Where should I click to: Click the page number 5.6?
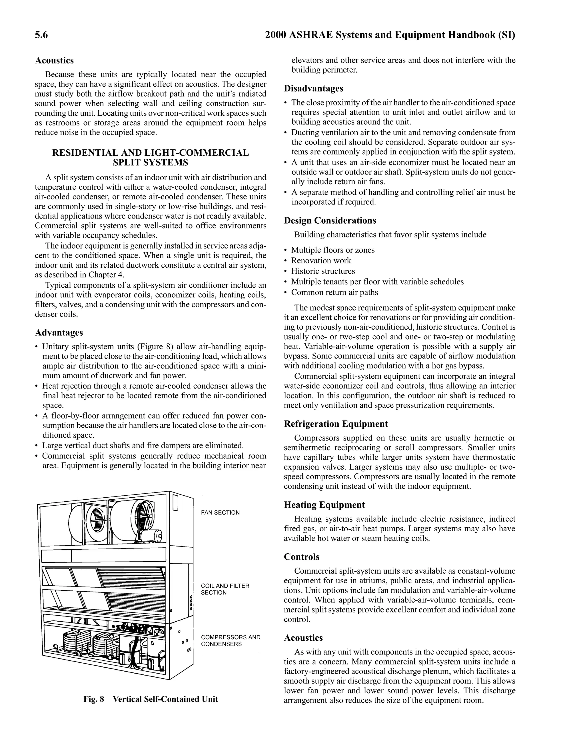point(41,35)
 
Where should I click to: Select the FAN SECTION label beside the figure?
point(220,513)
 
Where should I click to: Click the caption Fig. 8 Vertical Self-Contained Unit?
point(151,699)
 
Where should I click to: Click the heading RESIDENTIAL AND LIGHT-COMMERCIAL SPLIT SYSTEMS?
point(150,158)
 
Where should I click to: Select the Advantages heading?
point(59,333)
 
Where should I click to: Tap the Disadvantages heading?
point(313,89)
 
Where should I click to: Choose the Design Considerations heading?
point(330,221)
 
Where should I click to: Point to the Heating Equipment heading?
point(324,505)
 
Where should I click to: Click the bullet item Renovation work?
point(321,261)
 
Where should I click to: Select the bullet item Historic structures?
point(323,271)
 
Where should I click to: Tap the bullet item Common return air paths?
point(334,293)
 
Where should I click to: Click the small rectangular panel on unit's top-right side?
point(175,503)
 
